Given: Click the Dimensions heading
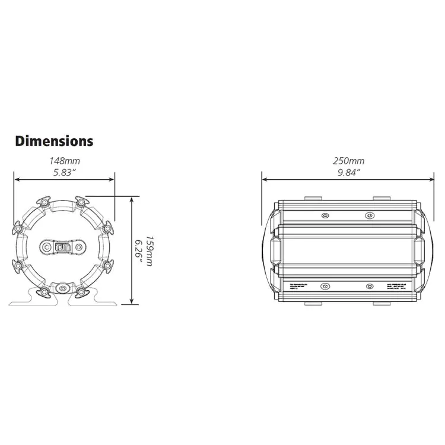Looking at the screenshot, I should [x=54, y=141].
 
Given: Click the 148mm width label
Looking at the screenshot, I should [x=65, y=161].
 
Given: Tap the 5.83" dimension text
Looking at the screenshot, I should [x=64, y=171].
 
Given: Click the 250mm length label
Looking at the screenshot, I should [x=348, y=161].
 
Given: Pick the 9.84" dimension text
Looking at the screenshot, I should [x=348, y=171].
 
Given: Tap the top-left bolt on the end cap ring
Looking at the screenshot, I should [x=45, y=203].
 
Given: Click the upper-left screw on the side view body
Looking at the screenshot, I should [x=324, y=215].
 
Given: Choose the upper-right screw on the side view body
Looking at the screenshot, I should [x=370, y=215].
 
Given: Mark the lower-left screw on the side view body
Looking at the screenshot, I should [x=324, y=287].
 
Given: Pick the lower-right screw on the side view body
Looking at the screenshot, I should [x=370, y=287].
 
